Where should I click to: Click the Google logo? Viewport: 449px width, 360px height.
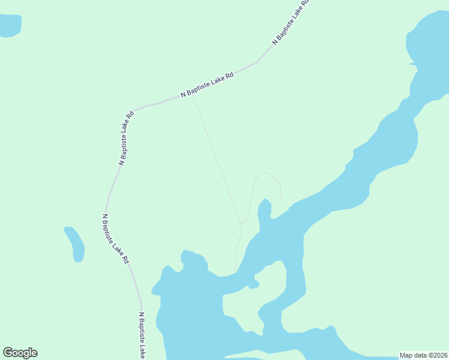(20, 353)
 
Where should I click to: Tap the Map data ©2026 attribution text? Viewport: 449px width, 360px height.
(424, 355)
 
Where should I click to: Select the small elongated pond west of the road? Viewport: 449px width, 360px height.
(75, 244)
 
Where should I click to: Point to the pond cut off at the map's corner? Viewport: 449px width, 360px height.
(10, 24)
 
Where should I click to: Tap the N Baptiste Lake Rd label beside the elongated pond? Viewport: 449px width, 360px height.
(115, 239)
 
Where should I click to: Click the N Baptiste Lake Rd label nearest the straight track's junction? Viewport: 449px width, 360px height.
(207, 85)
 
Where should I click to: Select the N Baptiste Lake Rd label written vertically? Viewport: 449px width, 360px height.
(125, 137)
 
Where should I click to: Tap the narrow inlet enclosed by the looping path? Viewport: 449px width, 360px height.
(264, 210)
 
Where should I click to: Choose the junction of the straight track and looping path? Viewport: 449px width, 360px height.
(241, 224)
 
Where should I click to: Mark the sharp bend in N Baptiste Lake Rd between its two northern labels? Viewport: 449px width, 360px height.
(258, 61)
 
